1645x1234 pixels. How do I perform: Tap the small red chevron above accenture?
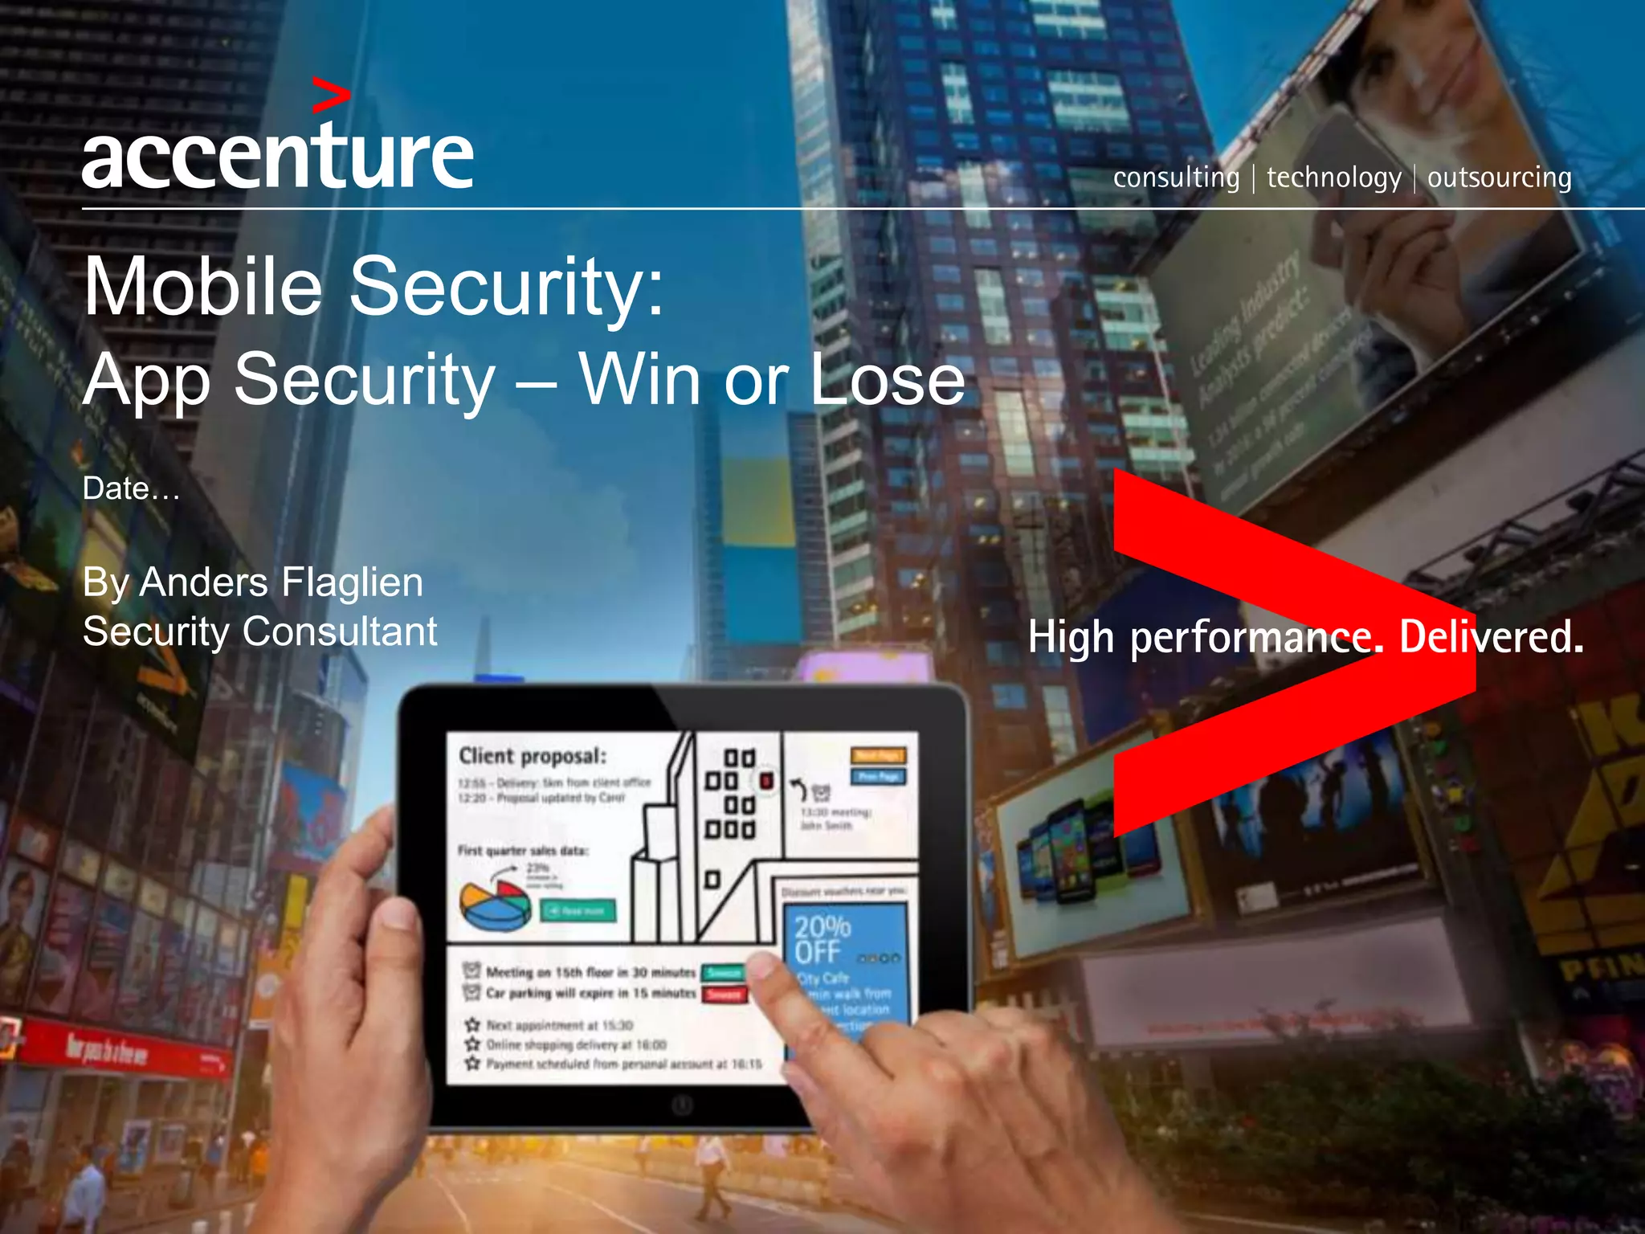click(x=330, y=96)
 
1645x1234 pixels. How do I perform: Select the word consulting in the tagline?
click(x=1176, y=178)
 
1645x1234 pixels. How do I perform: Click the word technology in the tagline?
click(x=1333, y=178)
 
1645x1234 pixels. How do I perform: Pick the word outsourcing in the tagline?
click(x=1499, y=178)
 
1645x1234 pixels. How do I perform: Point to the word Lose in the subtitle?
click(x=887, y=379)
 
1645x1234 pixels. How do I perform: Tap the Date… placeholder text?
click(x=132, y=488)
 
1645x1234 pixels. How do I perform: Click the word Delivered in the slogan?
click(x=1491, y=636)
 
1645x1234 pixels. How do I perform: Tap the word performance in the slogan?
click(x=1256, y=638)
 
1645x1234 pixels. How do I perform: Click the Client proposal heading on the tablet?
click(x=533, y=756)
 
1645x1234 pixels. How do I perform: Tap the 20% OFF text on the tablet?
click(x=822, y=939)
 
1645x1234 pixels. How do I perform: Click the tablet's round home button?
click(x=682, y=1105)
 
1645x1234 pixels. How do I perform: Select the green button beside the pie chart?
click(x=578, y=910)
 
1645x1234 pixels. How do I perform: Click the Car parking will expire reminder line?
click(x=591, y=994)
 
